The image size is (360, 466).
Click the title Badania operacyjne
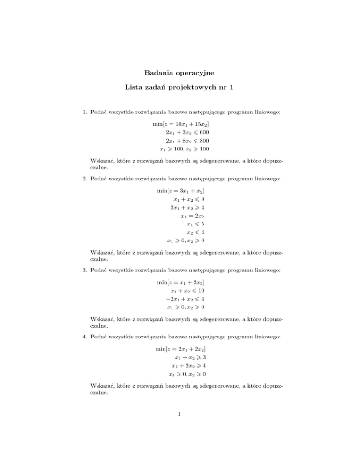point(180,73)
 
